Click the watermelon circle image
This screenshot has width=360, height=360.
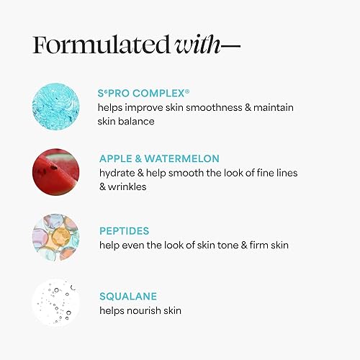click(55, 169)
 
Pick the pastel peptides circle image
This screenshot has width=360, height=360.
click(55, 236)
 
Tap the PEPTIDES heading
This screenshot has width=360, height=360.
click(125, 232)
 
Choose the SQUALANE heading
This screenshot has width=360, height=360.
click(127, 297)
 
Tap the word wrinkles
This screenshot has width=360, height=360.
click(131, 186)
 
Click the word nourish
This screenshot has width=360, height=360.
click(149, 310)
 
